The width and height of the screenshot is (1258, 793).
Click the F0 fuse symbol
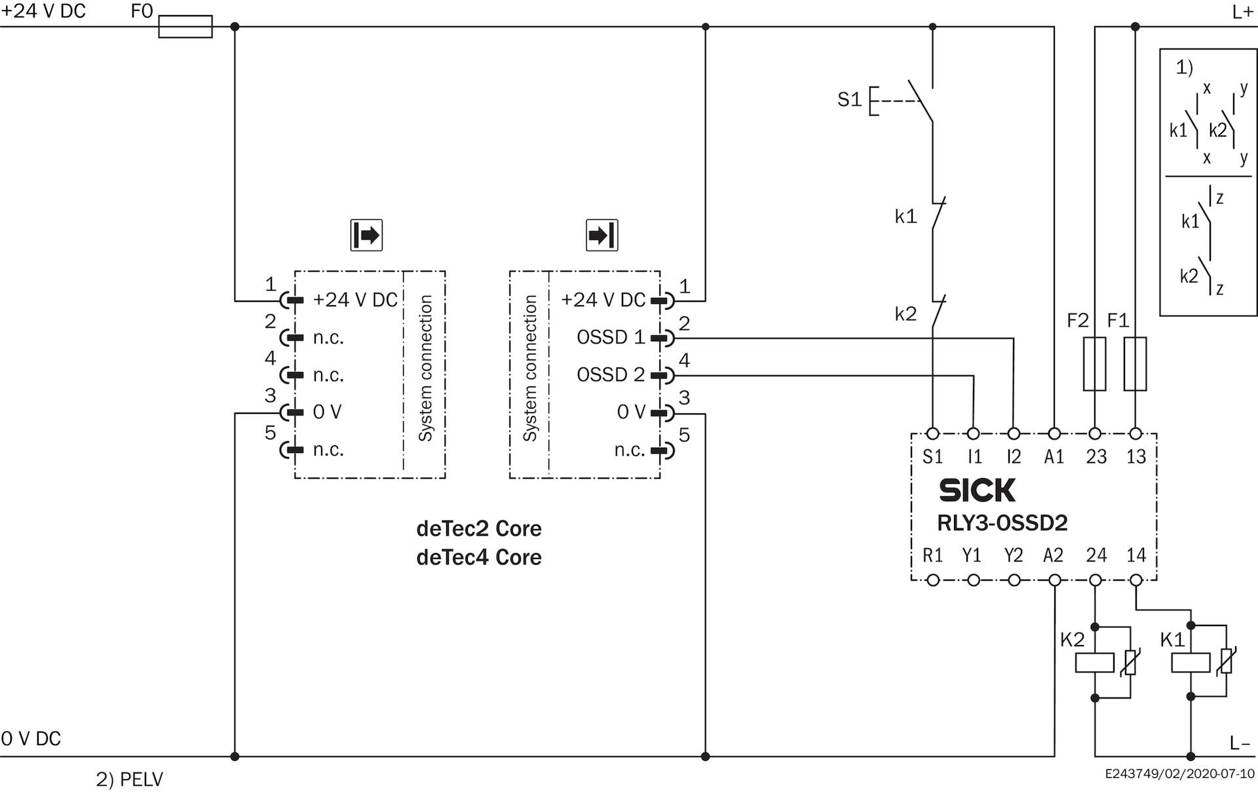[x=185, y=27]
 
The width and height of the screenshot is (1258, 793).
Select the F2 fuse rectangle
[x=1094, y=364]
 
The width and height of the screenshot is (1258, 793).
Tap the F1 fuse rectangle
[x=1135, y=364]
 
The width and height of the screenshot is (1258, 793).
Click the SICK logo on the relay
[x=977, y=490]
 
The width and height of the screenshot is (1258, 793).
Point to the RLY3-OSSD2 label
[x=1002, y=523]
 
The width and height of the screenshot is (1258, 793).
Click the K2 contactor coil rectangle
[x=1095, y=663]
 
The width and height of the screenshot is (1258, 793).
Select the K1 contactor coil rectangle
[x=1191, y=663]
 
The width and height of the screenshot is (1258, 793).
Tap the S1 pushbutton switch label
[x=849, y=100]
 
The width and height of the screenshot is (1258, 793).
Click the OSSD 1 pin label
[x=611, y=337]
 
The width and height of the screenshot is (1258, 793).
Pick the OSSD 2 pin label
[x=611, y=375]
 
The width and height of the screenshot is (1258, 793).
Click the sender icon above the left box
[x=366, y=235]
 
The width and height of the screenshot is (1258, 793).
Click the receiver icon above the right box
[x=601, y=235]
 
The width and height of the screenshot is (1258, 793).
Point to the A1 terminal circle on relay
[x=1054, y=433]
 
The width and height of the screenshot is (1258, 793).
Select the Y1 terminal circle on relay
[x=974, y=580]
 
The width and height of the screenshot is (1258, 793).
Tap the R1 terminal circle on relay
[x=933, y=580]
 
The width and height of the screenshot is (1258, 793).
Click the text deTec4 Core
[x=479, y=557]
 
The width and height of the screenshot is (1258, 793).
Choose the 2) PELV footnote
[x=129, y=779]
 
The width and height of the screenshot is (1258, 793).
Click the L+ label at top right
[x=1242, y=12]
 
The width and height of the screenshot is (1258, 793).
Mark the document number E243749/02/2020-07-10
[x=1179, y=774]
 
